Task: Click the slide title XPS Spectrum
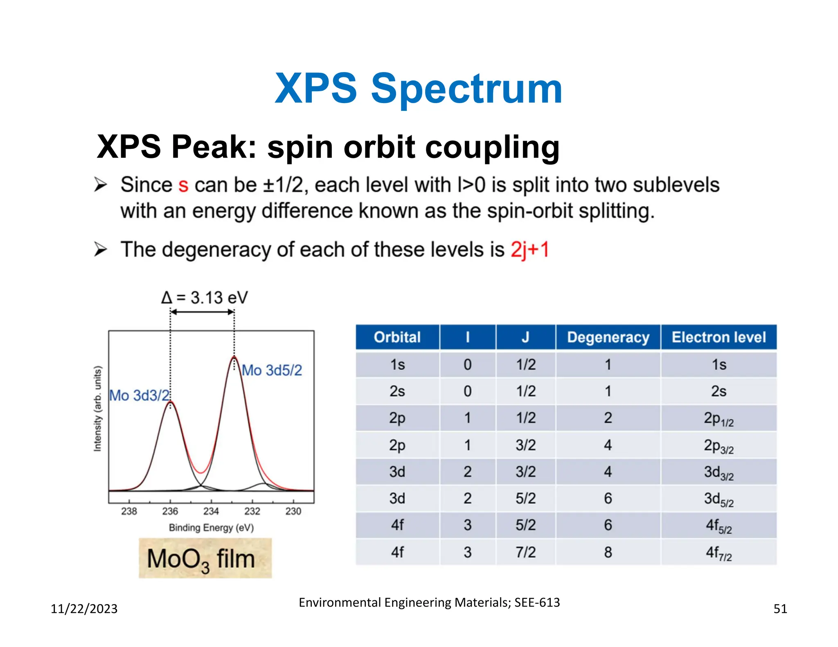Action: (418, 89)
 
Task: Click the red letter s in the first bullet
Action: (183, 186)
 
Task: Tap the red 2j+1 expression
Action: (529, 249)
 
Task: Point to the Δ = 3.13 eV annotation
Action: (204, 298)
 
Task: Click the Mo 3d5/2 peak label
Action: (272, 371)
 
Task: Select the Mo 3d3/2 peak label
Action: (139, 395)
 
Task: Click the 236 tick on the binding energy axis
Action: (170, 511)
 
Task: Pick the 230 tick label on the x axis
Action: (293, 511)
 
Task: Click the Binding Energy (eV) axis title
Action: (211, 528)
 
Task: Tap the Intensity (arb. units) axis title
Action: (97, 409)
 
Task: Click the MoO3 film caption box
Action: (205, 559)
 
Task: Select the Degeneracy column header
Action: (608, 337)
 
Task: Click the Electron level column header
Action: (719, 337)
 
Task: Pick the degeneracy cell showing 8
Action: (608, 552)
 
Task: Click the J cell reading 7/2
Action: (525, 552)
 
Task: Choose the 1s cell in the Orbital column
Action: (397, 364)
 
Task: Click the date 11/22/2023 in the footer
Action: (84, 609)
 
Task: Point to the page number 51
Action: (780, 609)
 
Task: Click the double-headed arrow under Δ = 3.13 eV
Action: (202, 312)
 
